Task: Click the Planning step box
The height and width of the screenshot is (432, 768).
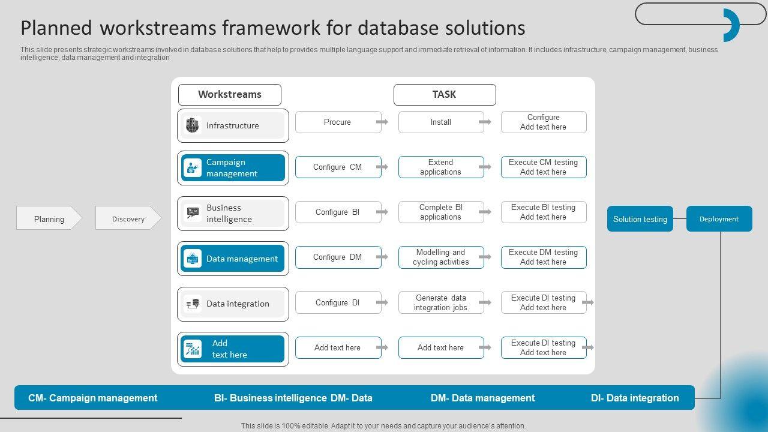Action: [49, 218]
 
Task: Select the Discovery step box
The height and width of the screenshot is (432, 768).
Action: [128, 218]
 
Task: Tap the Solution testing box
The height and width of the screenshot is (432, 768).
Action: [640, 219]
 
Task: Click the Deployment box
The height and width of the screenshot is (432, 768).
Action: [719, 219]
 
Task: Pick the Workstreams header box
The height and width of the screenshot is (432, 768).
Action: [229, 95]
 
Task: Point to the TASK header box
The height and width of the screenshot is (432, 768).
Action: [444, 95]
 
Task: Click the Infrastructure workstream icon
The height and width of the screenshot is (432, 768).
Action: [192, 125]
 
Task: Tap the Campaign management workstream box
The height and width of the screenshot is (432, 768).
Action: [233, 168]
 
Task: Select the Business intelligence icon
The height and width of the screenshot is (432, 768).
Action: [193, 213]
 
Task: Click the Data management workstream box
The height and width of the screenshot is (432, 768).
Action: [233, 259]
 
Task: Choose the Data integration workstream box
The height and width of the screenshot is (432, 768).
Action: [233, 304]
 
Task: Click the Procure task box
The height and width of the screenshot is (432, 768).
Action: [338, 122]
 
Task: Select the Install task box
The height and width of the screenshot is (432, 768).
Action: [440, 122]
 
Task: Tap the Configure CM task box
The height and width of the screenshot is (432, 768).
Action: [338, 167]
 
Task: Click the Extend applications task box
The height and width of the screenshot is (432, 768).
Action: [440, 167]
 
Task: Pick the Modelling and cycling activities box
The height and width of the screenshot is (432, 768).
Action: [440, 257]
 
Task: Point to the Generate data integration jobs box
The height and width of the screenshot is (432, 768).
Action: [440, 302]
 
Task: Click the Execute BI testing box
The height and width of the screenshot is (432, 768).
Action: [543, 212]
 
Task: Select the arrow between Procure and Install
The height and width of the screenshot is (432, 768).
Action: [382, 122]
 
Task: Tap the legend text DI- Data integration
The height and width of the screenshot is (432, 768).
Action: [635, 398]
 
